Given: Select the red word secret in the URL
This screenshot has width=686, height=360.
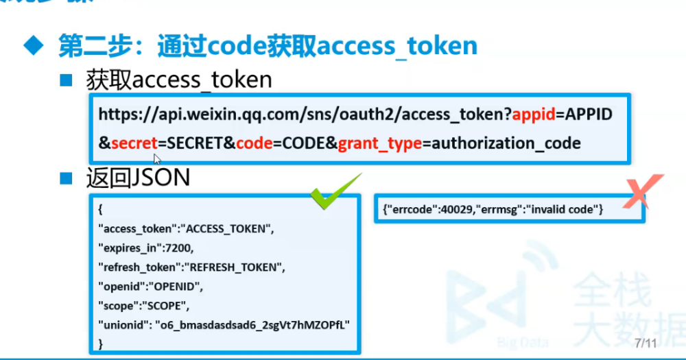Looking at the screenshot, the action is tap(134, 143).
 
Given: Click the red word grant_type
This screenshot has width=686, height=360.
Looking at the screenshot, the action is tap(379, 143).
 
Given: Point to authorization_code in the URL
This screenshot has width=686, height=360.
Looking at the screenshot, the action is tap(506, 143).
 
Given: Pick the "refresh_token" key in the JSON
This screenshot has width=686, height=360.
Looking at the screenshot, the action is tap(141, 266).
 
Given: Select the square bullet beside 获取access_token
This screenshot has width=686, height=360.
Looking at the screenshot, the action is tap(66, 80).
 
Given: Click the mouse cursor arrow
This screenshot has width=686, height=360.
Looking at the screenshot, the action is tap(157, 159).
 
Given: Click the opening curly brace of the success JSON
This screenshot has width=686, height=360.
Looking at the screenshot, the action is tap(101, 208).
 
